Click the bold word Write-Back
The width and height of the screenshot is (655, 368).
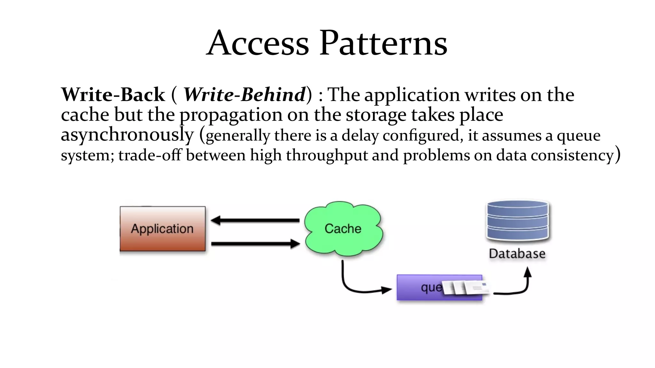click(x=113, y=95)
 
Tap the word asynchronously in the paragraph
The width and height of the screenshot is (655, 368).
click(x=127, y=135)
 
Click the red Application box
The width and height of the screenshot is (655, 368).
click(x=162, y=229)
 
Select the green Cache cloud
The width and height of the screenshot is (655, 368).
click(x=343, y=229)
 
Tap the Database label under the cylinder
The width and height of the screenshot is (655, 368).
click(x=517, y=254)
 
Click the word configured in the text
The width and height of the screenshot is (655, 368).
click(x=421, y=135)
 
